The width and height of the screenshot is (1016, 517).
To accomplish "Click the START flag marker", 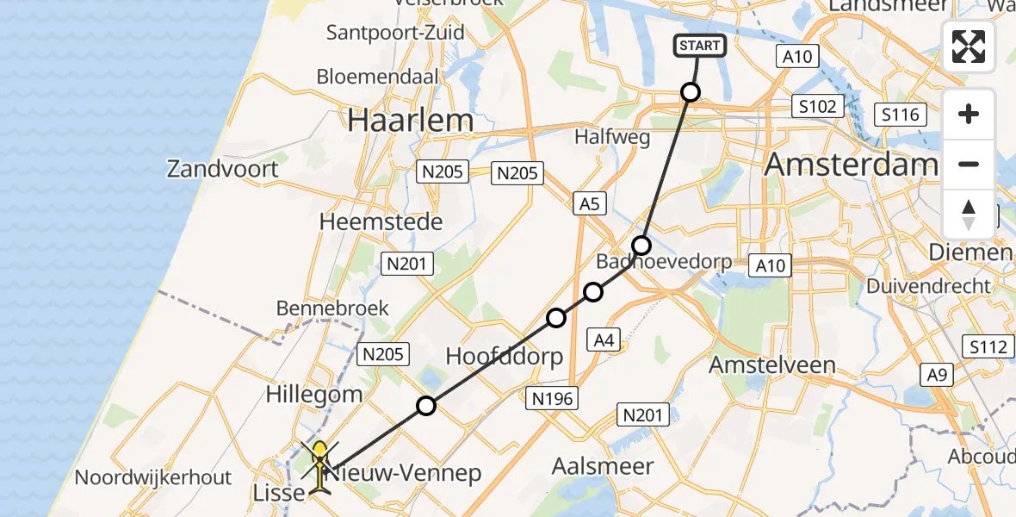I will click(700, 46).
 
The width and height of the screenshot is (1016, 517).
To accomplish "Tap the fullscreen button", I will click(969, 46).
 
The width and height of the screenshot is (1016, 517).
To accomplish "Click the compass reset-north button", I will click(969, 214).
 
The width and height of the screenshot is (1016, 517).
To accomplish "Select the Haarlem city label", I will click(411, 121).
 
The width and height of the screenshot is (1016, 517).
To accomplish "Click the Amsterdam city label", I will click(851, 164).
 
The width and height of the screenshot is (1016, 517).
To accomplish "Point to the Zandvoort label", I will click(223, 168).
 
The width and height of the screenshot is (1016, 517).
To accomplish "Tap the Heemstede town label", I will click(381, 221).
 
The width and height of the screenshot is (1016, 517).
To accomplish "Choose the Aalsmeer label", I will click(603, 466).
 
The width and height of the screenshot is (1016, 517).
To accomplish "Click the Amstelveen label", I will click(771, 364).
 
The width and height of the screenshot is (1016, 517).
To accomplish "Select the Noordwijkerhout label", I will click(153, 477).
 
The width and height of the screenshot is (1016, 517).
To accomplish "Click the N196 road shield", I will click(552, 397).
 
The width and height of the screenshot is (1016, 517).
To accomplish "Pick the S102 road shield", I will click(815, 106).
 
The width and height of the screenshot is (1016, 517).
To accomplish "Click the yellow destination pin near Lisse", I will click(319, 452).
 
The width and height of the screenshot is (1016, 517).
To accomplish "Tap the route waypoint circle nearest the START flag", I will click(690, 91).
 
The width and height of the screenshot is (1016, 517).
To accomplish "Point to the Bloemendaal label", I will click(377, 76).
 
